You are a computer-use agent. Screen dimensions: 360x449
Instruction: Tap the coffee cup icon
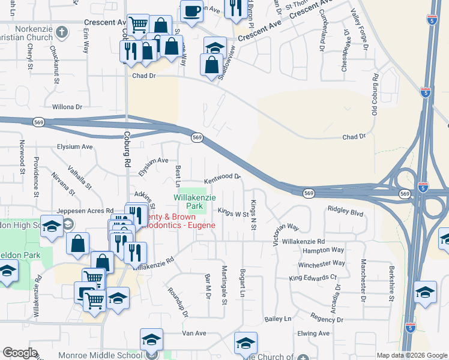191,11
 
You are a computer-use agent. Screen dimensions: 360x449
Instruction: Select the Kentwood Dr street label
222,178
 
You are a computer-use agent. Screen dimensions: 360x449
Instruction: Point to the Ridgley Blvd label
345,212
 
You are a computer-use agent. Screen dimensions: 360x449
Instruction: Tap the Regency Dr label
327,320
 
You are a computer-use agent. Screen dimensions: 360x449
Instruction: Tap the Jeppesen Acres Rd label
85,211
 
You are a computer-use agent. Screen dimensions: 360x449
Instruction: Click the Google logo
20,353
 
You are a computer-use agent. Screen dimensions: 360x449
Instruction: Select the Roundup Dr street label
178,305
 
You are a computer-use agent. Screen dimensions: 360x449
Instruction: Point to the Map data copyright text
412,355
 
